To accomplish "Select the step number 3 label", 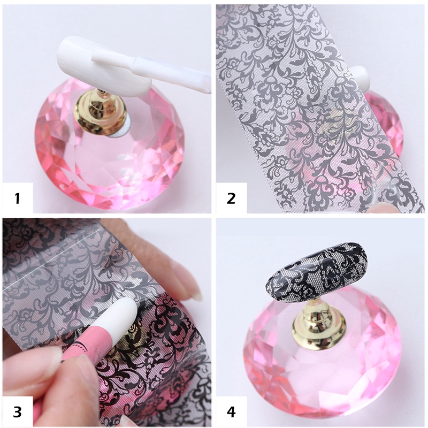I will (17, 412).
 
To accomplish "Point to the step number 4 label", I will (231, 412).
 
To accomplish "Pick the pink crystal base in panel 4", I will (321, 369).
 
